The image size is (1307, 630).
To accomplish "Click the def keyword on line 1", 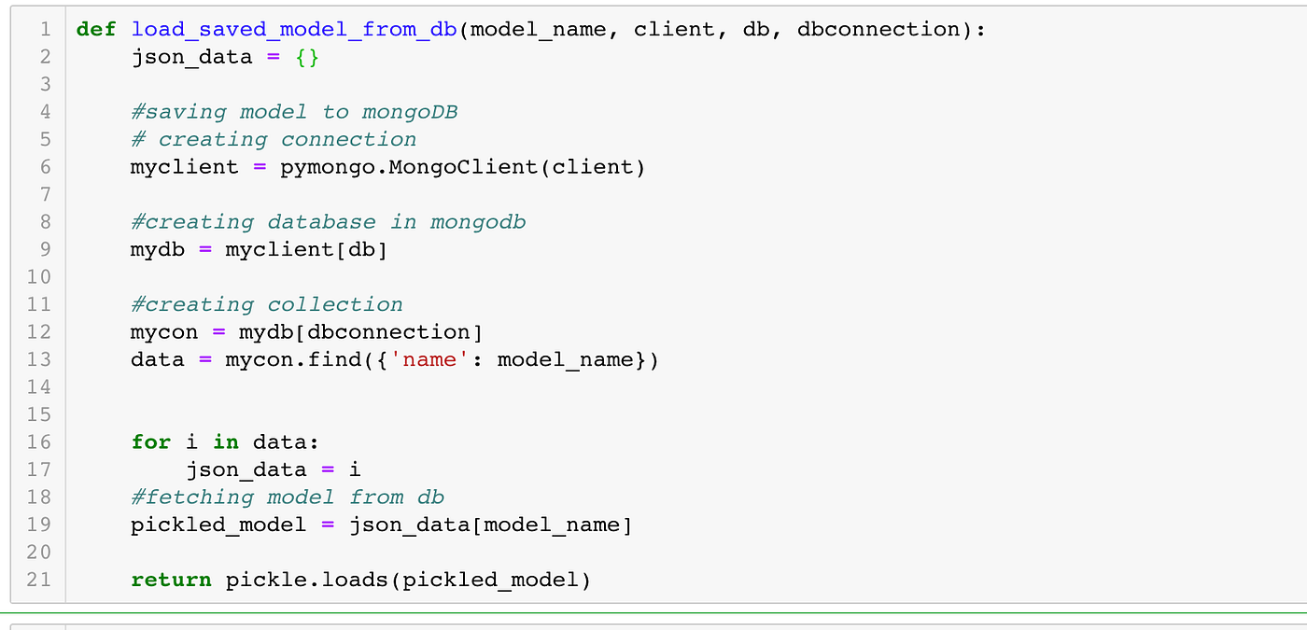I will click(x=96, y=29).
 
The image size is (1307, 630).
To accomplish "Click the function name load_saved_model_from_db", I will click(x=293, y=29).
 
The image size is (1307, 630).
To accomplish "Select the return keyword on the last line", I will click(x=171, y=580).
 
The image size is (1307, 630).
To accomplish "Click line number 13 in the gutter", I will click(x=38, y=359).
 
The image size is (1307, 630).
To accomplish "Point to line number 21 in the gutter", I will click(x=38, y=580).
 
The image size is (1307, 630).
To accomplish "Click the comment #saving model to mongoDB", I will click(x=294, y=112).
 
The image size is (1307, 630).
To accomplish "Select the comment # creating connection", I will click(x=274, y=139).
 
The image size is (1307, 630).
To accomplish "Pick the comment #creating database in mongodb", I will click(x=328, y=222).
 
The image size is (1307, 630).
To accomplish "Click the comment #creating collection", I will click(x=267, y=304).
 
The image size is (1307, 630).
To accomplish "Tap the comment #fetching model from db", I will click(x=288, y=497).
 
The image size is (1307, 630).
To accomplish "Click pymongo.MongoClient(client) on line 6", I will click(x=462, y=167).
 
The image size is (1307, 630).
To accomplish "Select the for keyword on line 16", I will click(x=151, y=441).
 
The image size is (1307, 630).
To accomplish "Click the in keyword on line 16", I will click(x=225, y=441).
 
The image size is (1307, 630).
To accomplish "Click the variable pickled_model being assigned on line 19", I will click(x=218, y=525).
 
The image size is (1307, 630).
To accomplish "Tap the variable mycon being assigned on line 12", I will click(x=164, y=332).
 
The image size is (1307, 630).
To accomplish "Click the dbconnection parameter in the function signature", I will click(x=878, y=29).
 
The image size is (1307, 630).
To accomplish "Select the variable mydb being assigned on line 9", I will click(x=158, y=249).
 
